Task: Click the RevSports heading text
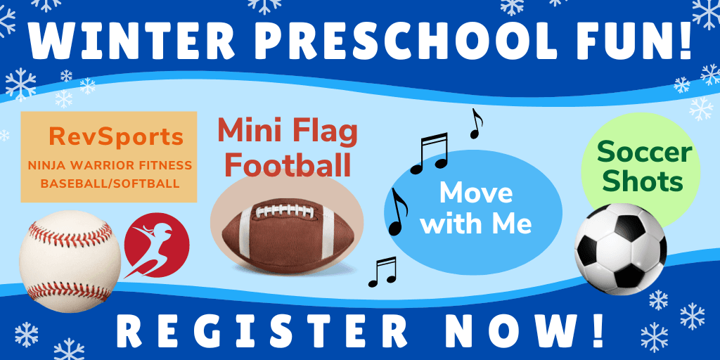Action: pos(116,137)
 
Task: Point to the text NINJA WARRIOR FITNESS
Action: pos(110,166)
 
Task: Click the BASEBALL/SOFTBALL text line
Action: pos(110,184)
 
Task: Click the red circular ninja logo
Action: pos(156,245)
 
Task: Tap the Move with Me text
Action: pos(475,208)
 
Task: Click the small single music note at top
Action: pos(477,124)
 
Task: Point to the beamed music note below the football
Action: pos(382,271)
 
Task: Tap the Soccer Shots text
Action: pos(640,167)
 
